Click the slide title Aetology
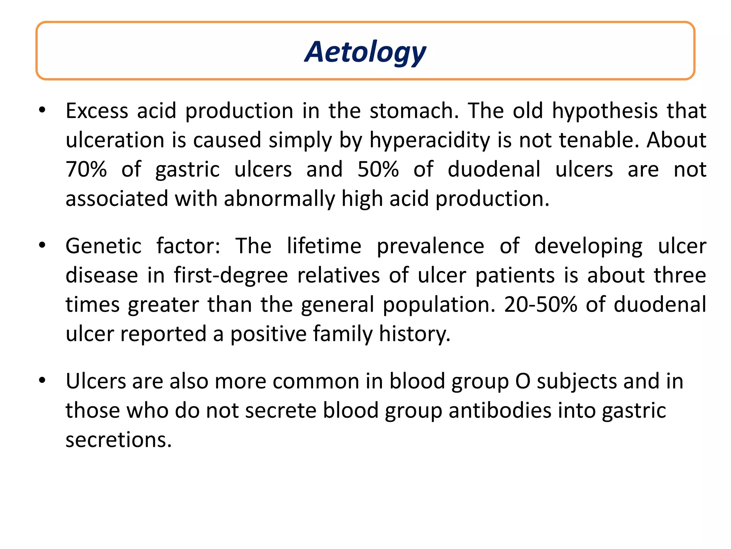click(x=365, y=52)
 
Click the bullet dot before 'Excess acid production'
click(x=42, y=110)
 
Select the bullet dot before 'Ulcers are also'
click(x=42, y=380)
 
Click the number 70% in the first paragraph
click(x=86, y=169)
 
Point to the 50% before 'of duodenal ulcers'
click(x=378, y=169)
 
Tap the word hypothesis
click(x=605, y=111)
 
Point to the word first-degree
click(x=231, y=275)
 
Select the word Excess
click(x=97, y=111)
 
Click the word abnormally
click(x=279, y=198)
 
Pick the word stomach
click(x=414, y=111)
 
